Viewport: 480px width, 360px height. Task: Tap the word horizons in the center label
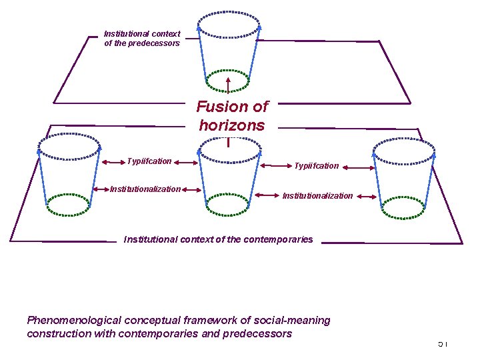click(x=231, y=125)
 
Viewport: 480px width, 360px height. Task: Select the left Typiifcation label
click(x=149, y=161)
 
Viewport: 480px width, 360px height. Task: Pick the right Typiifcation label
click(x=317, y=165)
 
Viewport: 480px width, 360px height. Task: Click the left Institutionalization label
click(x=145, y=189)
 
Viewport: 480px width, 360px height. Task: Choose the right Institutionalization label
click(x=317, y=195)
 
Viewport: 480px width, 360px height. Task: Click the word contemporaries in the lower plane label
click(x=279, y=239)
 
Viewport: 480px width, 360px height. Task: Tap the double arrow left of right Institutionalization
click(x=266, y=195)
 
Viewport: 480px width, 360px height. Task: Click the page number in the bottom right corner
click(x=443, y=343)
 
